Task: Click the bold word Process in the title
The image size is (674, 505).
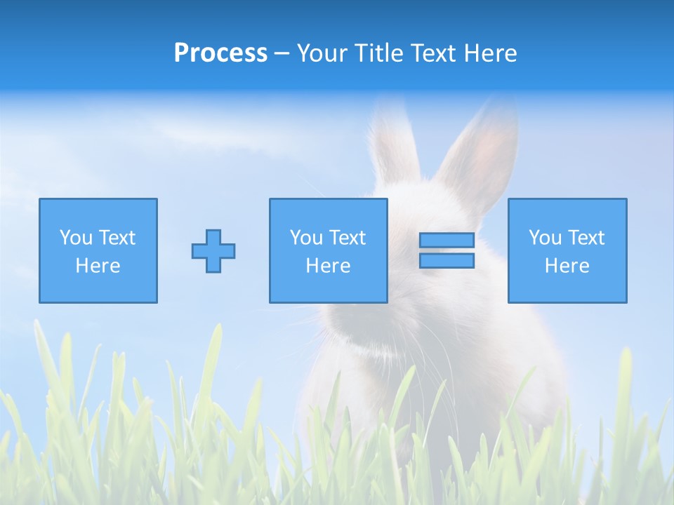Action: coord(220,53)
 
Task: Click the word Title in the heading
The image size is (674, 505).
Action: coord(378,53)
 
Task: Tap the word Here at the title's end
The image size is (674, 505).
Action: coord(490,53)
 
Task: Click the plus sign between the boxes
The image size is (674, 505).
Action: coord(213,251)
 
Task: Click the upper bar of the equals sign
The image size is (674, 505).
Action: coord(447,241)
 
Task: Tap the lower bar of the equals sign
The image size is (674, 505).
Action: coord(447,261)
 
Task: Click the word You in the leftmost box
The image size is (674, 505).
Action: coord(76,238)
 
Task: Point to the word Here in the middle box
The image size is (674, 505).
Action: coord(329,266)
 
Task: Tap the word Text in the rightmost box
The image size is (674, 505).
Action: coord(586,238)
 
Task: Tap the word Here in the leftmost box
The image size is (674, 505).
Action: coord(98,266)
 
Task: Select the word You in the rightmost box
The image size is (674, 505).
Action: coord(545,238)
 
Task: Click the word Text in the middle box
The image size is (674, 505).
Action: coord(348,238)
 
